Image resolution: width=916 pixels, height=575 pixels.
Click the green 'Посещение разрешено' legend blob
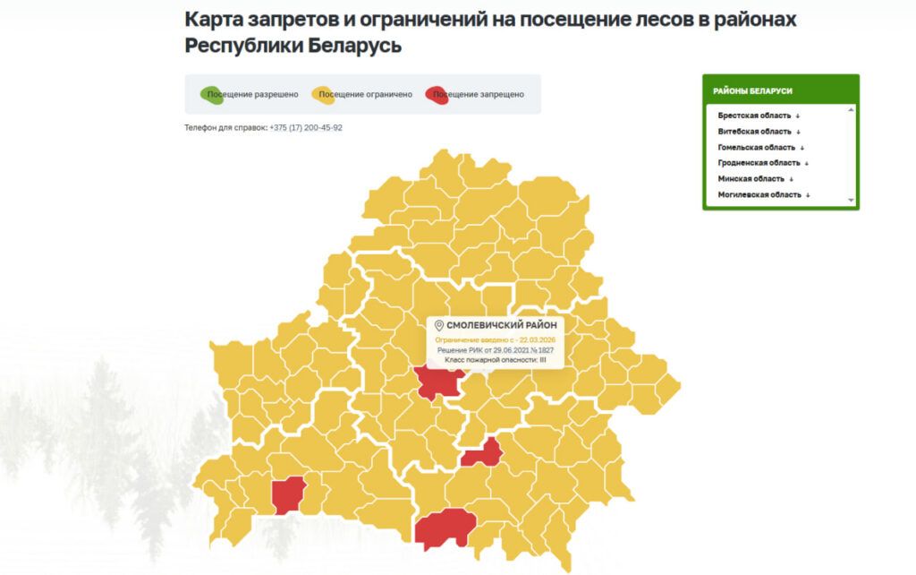click(213, 94)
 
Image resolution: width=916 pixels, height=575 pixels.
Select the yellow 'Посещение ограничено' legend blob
click(321, 94)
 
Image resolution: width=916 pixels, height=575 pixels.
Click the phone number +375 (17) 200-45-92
click(305, 128)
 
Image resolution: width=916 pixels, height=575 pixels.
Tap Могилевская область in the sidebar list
click(759, 194)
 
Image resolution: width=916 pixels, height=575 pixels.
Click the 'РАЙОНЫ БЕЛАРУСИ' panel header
click(752, 90)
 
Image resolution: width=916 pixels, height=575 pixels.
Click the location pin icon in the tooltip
click(438, 326)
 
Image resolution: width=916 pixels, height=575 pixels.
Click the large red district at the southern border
click(445, 527)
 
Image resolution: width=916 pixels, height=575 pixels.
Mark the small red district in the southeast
click(483, 453)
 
